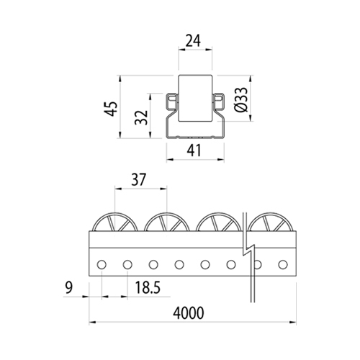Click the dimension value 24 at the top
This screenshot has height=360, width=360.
point(194,41)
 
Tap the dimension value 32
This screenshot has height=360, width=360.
point(141,117)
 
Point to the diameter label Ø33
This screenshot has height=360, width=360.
point(241,99)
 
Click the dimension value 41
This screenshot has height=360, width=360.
point(194,151)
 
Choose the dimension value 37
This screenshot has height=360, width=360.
point(139,180)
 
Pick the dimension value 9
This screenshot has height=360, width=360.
point(69,287)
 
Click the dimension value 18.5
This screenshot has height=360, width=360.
point(148,287)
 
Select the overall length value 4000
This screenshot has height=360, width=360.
point(189,313)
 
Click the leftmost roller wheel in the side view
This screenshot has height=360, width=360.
point(115,214)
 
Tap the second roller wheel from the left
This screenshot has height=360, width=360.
point(167,214)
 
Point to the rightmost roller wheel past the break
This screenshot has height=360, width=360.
point(270,214)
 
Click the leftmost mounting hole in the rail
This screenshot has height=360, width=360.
point(102,264)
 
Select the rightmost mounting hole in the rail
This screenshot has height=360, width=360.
point(283,264)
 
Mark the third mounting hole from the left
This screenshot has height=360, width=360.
point(153,264)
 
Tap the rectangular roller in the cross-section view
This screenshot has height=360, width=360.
point(195,99)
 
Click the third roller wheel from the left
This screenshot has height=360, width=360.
point(218,214)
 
